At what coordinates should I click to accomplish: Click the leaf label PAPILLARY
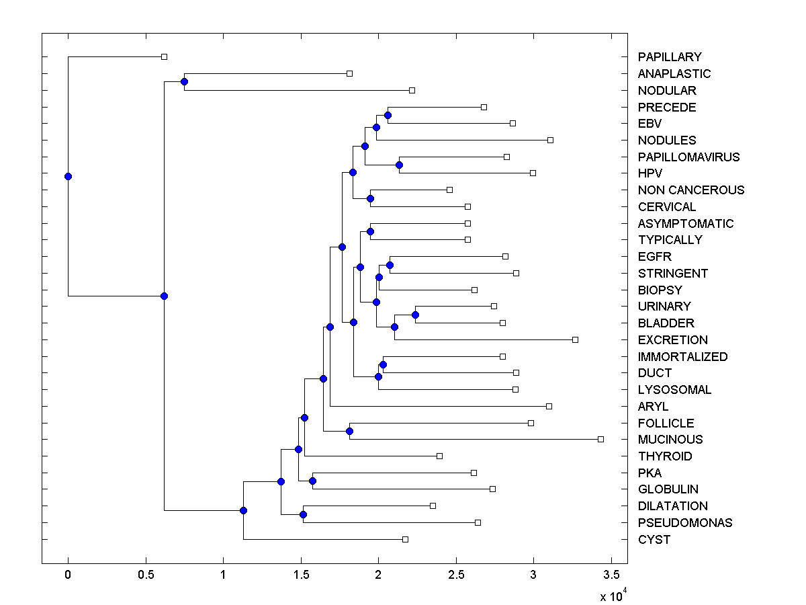coord(670,57)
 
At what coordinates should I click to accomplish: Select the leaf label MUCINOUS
coord(670,440)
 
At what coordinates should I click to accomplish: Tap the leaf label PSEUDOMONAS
coord(685,523)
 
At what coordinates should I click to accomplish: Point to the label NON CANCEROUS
coord(691,190)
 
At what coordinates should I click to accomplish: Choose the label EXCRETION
coord(673,340)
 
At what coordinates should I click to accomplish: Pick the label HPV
coord(651,173)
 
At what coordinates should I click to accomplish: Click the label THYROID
coord(666,456)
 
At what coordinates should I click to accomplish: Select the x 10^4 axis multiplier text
coord(613,596)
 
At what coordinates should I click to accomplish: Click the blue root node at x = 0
coord(68,176)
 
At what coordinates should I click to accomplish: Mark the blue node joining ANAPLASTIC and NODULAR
coord(184,82)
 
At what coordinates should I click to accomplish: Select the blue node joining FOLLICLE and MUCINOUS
coord(349,431)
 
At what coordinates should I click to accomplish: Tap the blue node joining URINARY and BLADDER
coord(415,315)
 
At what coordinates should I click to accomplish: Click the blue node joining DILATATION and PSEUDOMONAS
coord(303,514)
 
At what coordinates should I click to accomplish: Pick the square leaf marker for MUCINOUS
coord(600,439)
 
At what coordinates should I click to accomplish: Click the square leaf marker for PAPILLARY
coord(164,57)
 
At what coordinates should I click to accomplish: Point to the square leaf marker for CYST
coord(405,539)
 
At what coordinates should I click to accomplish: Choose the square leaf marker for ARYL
coord(549,406)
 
